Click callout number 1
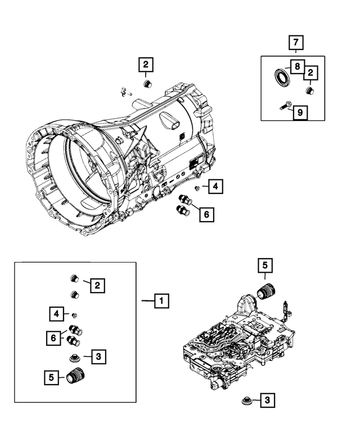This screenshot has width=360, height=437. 161,301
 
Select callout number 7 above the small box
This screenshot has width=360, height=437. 296,42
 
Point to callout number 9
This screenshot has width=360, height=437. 300,112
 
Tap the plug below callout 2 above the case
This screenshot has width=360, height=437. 148,84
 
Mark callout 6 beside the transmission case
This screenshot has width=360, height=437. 206,214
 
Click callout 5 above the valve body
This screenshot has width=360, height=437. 265,264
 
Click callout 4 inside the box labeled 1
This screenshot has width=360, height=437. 56,313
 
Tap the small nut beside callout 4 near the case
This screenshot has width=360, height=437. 198,187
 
